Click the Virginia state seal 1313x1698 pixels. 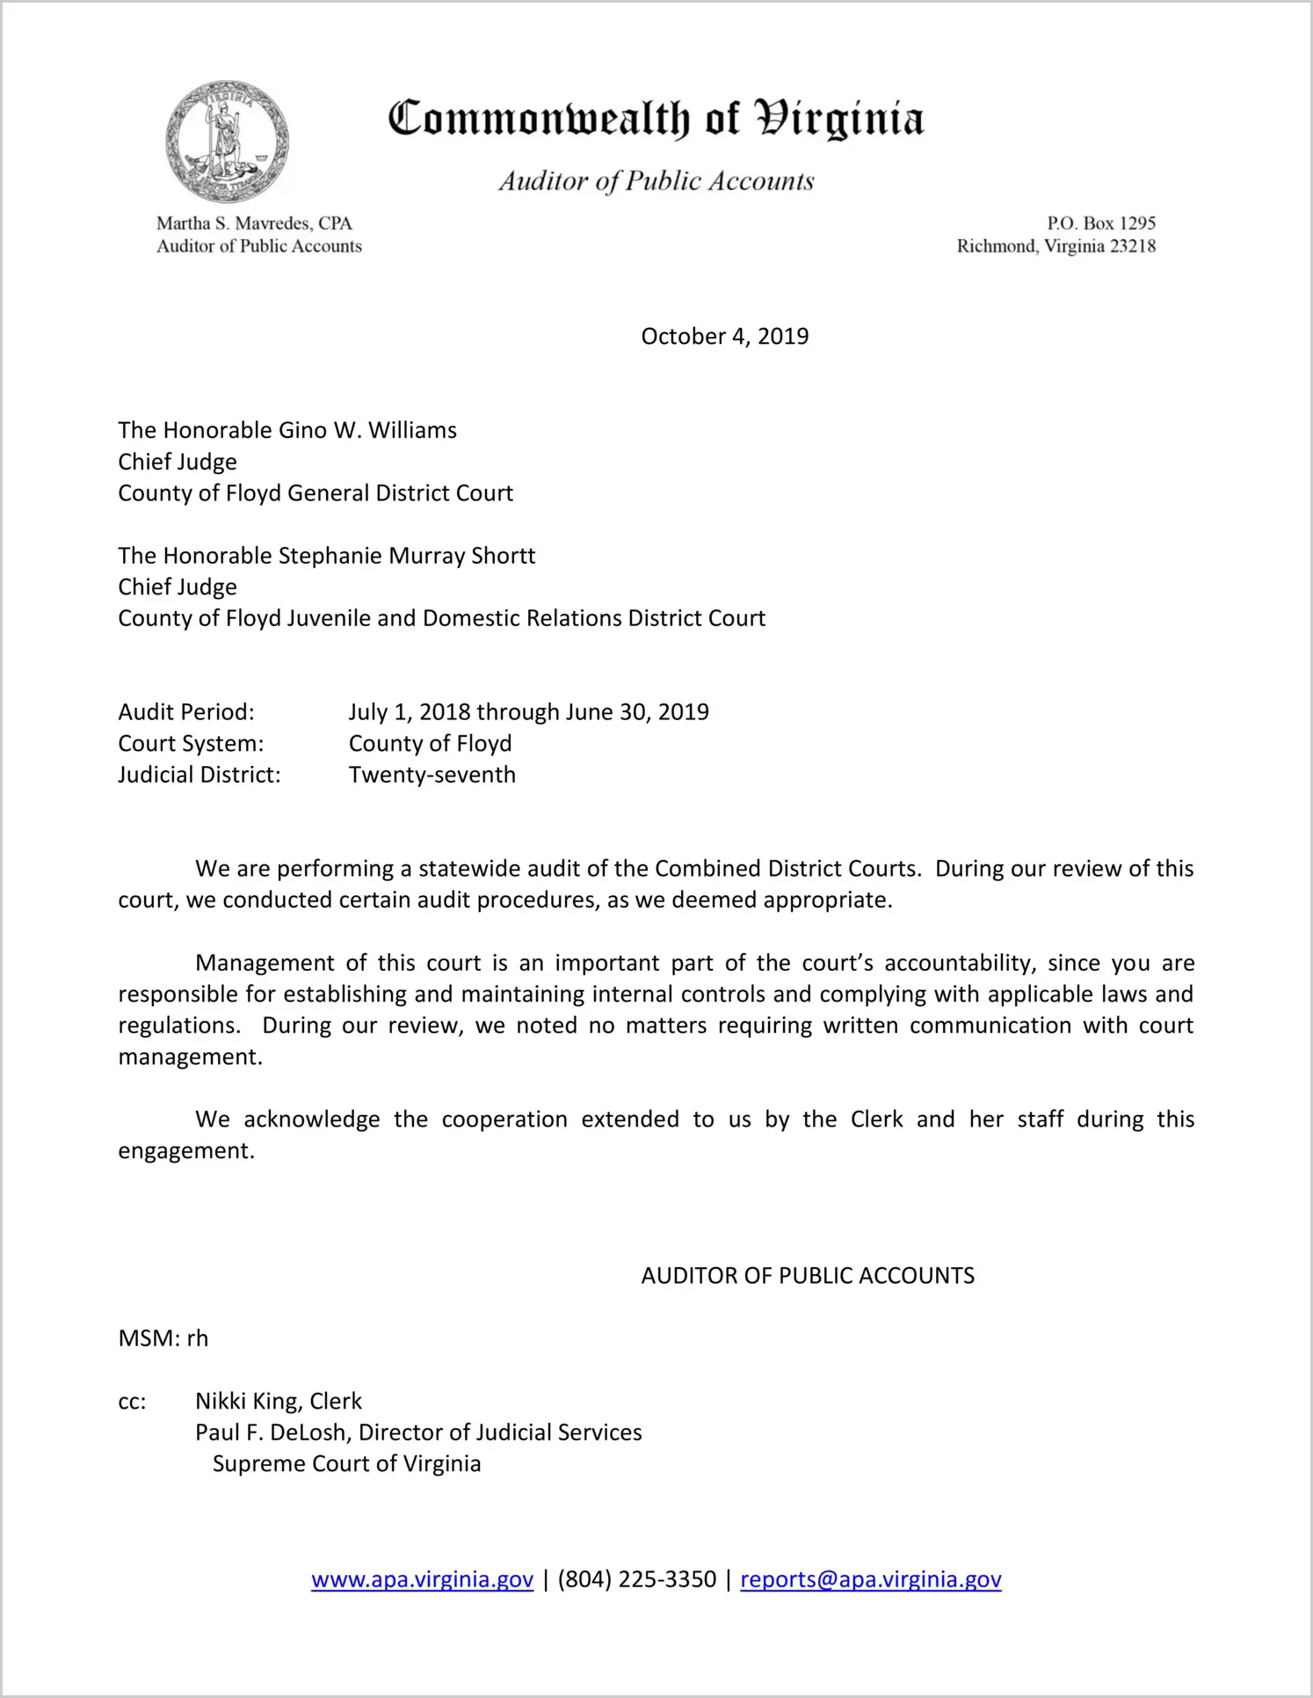228,142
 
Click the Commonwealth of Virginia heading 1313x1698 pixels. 656,119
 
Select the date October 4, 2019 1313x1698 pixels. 724,337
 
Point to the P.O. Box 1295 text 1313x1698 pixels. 1100,223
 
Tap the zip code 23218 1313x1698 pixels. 1133,246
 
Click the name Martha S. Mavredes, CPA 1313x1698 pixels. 254,223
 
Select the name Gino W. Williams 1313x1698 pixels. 367,431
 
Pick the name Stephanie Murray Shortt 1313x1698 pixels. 406,556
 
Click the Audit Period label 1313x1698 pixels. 186,712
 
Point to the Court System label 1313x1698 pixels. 191,744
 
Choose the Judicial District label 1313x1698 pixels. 199,776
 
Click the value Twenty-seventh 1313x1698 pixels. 432,776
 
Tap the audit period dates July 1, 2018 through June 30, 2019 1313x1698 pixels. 528,712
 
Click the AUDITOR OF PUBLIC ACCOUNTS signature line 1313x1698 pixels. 808,1276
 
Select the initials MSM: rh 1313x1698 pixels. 163,1338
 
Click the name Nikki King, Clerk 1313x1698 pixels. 279,1402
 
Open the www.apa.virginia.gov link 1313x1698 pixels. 422,1580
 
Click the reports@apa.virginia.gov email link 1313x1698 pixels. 870,1580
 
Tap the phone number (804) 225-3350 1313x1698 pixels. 636,1580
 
